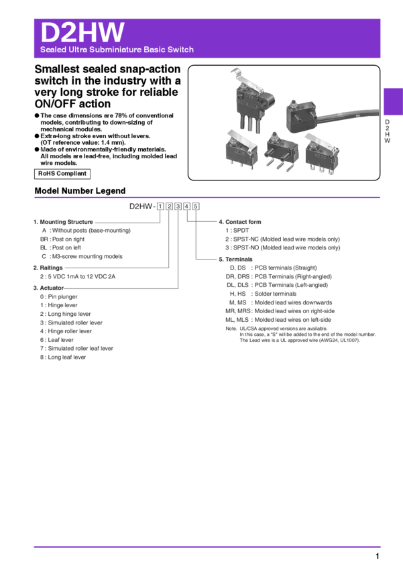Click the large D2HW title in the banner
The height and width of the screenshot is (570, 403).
[82, 32]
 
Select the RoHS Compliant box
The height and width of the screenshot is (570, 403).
[62, 174]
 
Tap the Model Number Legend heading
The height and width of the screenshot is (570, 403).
[80, 191]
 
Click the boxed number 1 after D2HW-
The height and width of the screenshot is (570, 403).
[160, 207]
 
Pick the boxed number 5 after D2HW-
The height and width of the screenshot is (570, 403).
[196, 207]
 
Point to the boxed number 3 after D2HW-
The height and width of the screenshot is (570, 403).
[178, 207]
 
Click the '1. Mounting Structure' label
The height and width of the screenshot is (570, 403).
[63, 222]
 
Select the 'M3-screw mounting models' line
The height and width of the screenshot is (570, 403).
[87, 256]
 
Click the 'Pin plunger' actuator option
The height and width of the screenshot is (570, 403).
[62, 296]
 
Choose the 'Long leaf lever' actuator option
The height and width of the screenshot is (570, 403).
[67, 357]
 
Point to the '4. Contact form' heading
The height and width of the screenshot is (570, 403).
[240, 222]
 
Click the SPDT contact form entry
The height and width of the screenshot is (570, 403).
[241, 231]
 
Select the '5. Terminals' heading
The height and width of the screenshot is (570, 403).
[235, 260]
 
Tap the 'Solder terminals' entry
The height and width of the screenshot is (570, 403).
[276, 294]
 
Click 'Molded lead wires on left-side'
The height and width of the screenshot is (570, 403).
[293, 320]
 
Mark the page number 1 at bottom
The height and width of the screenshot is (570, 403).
[378, 556]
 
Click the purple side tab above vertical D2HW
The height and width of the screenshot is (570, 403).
[393, 101]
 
